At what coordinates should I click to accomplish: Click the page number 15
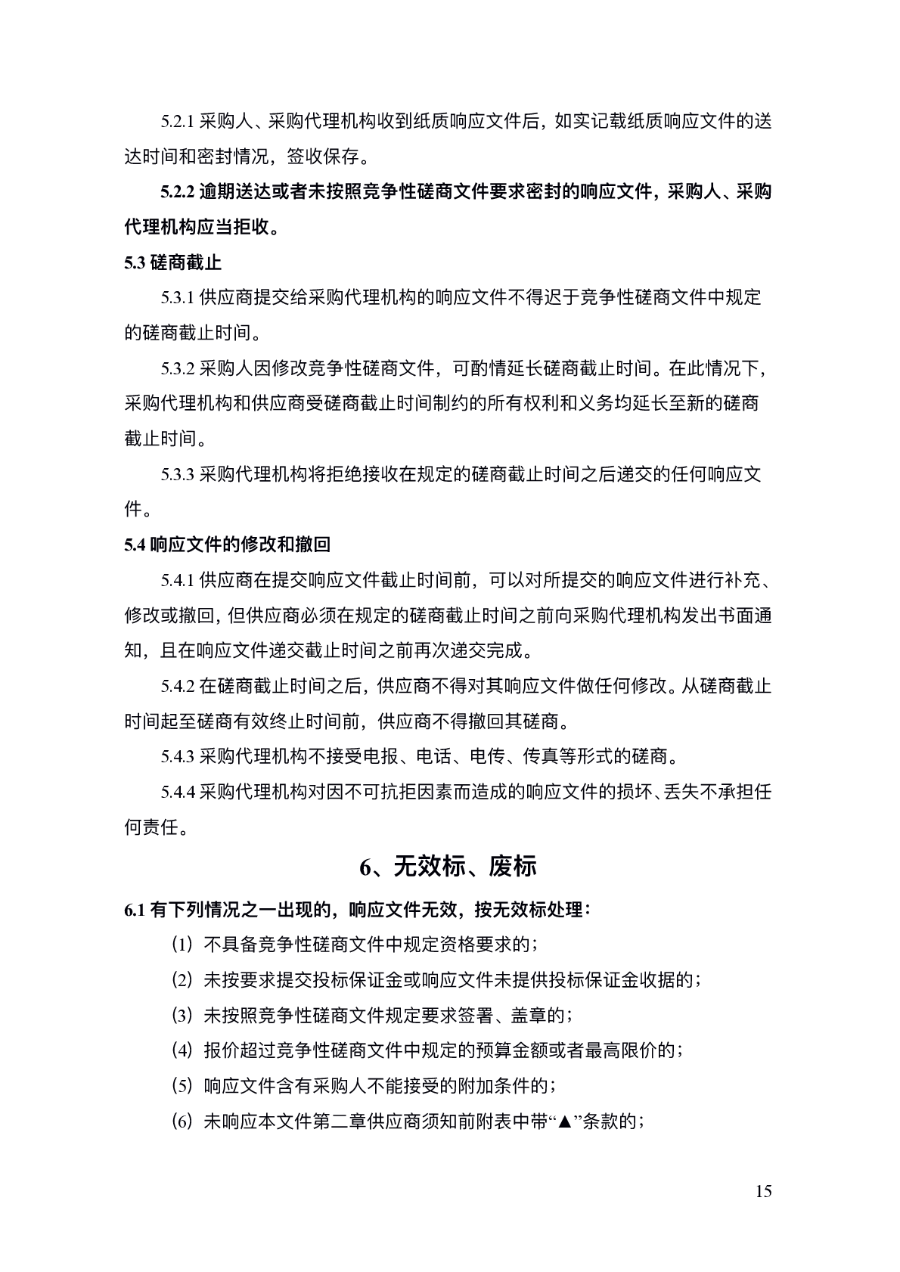pos(763,1192)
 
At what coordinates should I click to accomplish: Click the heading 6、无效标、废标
pos(448,867)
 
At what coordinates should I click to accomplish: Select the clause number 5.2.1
pos(178,122)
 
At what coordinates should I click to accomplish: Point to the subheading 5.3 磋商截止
pos(172,263)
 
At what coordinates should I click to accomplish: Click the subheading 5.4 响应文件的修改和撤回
pos(227,544)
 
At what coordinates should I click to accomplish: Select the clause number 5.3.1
pos(178,298)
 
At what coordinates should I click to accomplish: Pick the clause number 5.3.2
pos(178,369)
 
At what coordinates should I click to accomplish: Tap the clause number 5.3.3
pos(178,475)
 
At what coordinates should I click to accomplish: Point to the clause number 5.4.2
pos(178,687)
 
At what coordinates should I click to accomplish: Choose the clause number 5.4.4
pos(178,793)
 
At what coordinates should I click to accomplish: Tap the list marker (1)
pos(182,945)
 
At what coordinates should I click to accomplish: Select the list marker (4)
pos(182,1050)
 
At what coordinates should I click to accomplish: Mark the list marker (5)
pos(182,1086)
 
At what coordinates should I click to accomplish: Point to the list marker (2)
pos(182,980)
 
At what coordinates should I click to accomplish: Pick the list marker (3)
pos(182,1016)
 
